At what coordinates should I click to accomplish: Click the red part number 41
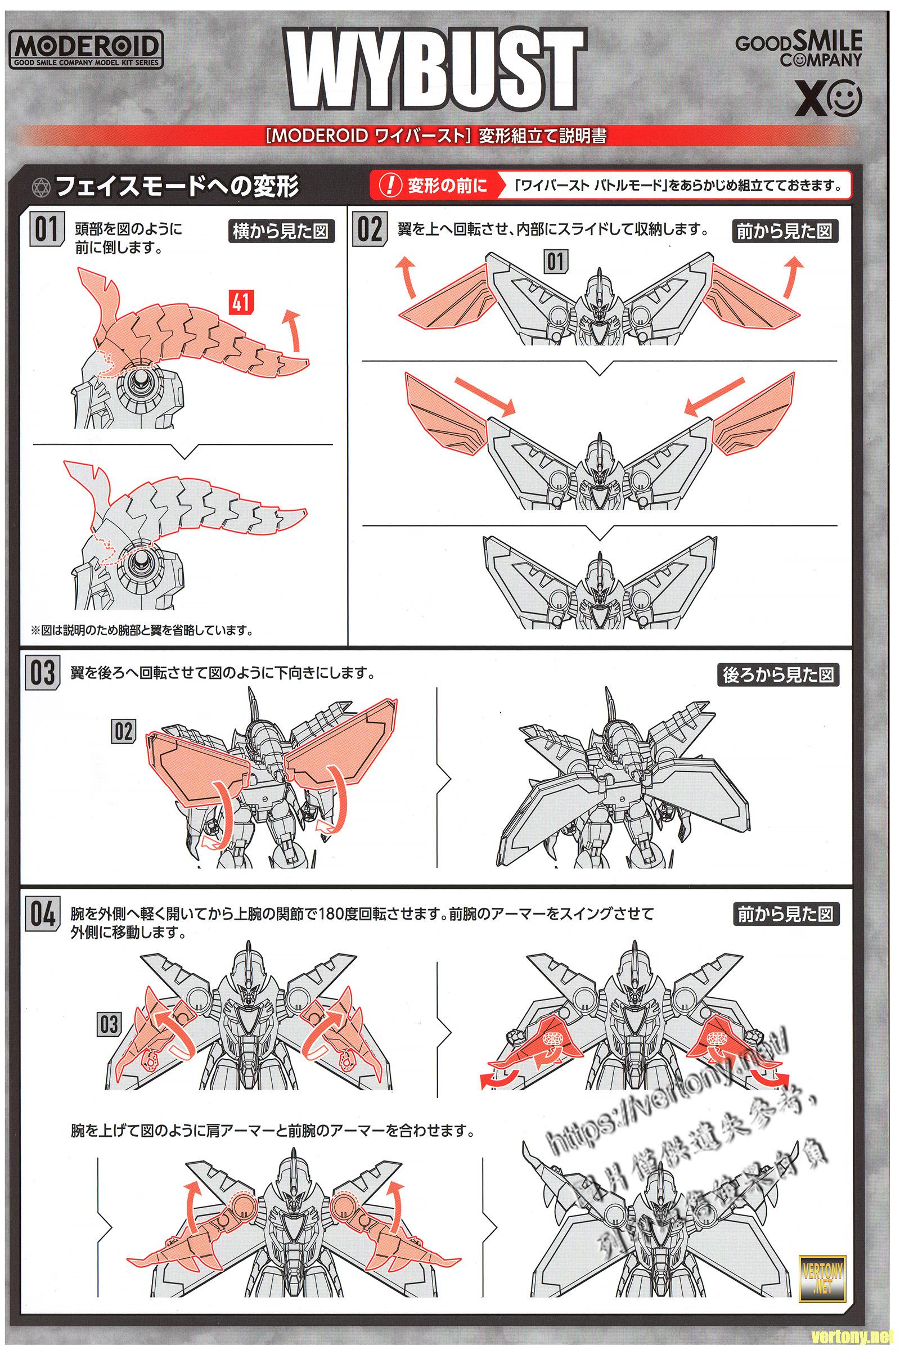pyautogui.click(x=240, y=302)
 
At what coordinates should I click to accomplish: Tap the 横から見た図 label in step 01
pyautogui.click(x=281, y=231)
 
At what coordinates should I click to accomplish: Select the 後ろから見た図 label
pyautogui.click(x=777, y=675)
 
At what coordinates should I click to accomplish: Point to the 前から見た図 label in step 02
pyautogui.click(x=784, y=231)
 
